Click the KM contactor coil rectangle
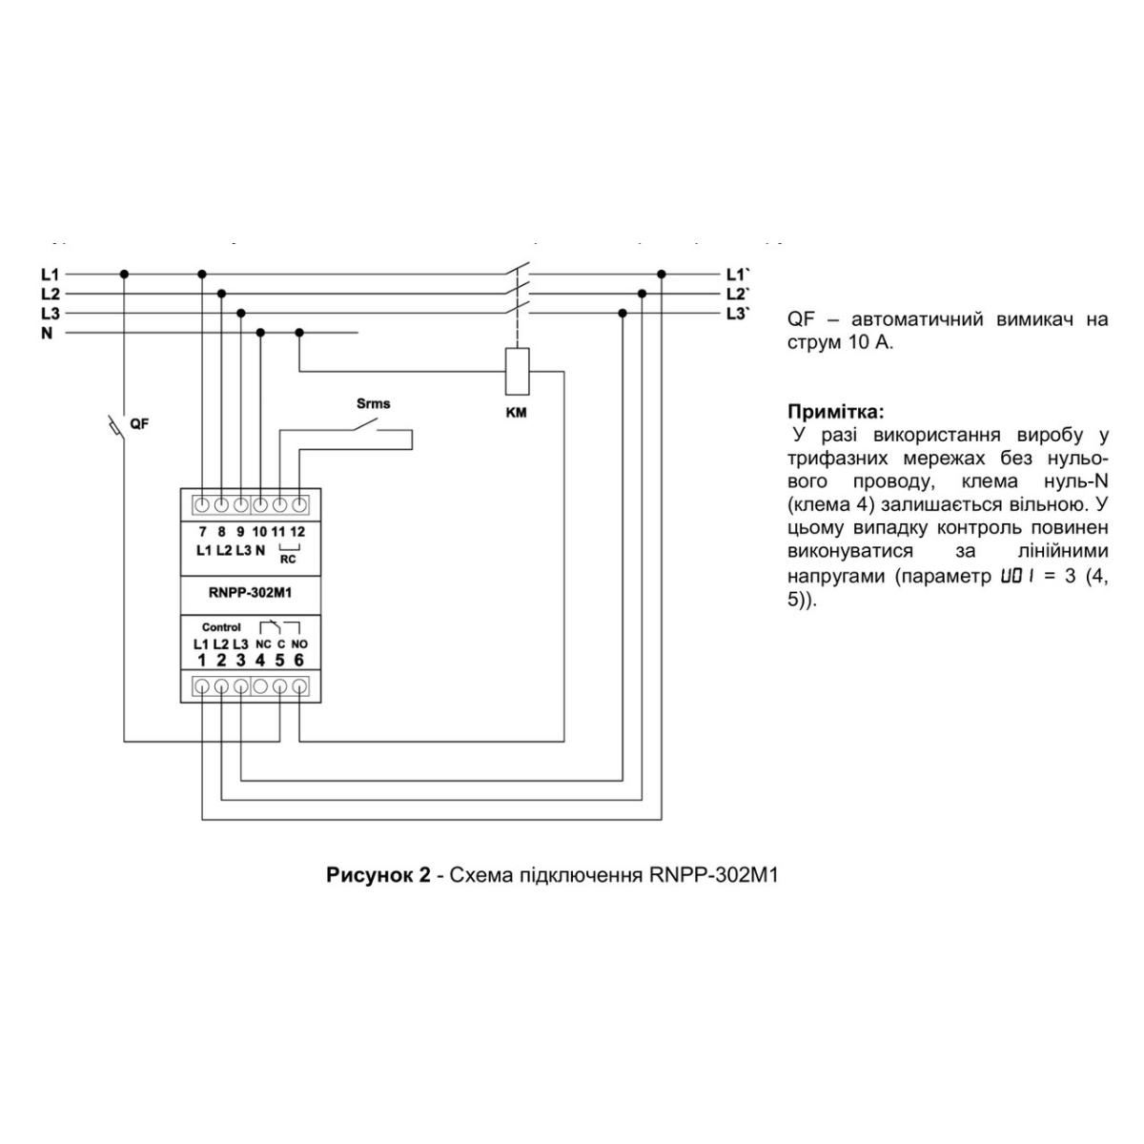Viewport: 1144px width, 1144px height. pyautogui.click(x=516, y=371)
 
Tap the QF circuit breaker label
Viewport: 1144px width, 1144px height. pyautogui.click(x=139, y=423)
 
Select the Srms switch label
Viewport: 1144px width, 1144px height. pyautogui.click(x=373, y=403)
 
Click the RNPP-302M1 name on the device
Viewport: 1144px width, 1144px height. pyautogui.click(x=250, y=592)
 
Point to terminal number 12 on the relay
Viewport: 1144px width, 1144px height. pyautogui.click(x=298, y=531)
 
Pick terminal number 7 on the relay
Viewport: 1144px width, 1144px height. pyautogui.click(x=202, y=531)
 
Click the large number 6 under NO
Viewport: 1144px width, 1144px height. pyautogui.click(x=298, y=660)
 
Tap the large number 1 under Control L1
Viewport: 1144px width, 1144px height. pyautogui.click(x=202, y=660)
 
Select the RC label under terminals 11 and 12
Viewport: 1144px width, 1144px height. pyautogui.click(x=288, y=560)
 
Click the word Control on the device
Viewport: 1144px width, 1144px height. pyautogui.click(x=221, y=627)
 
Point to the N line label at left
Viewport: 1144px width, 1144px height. pyautogui.click(x=47, y=334)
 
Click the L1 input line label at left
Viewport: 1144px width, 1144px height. pyautogui.click(x=50, y=274)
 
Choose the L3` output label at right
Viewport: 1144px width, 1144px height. pyautogui.click(x=737, y=314)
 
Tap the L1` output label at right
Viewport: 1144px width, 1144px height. pyautogui.click(x=737, y=274)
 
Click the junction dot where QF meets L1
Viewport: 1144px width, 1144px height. pyautogui.click(x=125, y=274)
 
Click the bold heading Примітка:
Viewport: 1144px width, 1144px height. pyautogui.click(x=835, y=412)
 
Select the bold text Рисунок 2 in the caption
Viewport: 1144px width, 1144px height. pyautogui.click(x=378, y=875)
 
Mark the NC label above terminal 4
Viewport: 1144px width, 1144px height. pyautogui.click(x=264, y=644)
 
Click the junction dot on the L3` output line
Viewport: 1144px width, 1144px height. pyautogui.click(x=623, y=313)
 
